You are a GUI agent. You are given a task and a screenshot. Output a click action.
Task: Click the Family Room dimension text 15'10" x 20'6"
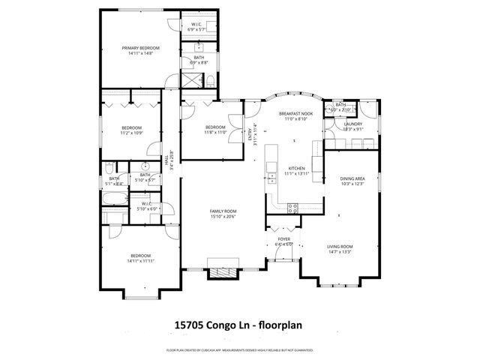[223, 217]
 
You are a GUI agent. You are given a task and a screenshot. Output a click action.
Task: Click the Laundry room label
[352, 124]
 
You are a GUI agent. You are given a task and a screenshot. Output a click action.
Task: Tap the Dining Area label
[352, 178]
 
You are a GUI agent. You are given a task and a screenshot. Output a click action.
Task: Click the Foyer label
[284, 238]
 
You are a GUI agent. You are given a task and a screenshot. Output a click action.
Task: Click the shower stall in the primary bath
[197, 77]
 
